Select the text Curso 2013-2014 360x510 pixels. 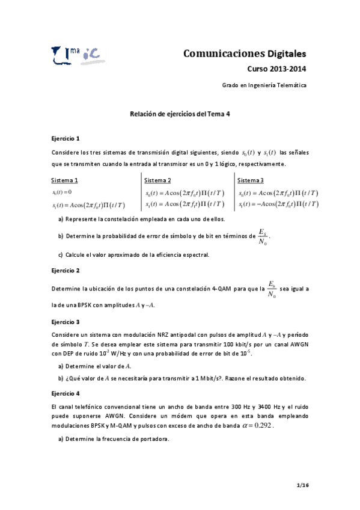[277, 69]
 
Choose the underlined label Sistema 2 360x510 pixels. [158, 180]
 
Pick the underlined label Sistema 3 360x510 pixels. [251, 180]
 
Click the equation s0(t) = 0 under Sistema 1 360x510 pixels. [63, 192]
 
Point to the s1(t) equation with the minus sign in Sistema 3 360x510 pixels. [278, 204]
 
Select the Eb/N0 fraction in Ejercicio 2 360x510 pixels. [271, 289]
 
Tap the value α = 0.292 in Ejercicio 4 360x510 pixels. [255, 425]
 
